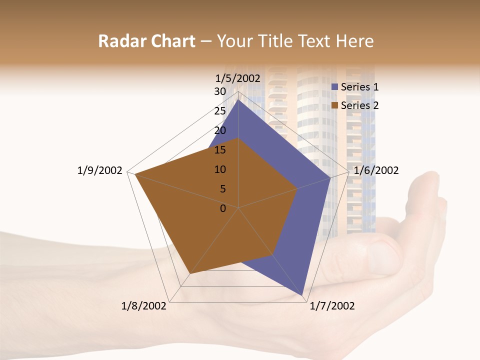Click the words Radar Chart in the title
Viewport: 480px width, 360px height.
coord(146,41)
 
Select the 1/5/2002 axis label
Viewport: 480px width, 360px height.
coord(238,78)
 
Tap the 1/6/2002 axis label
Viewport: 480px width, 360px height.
coord(376,170)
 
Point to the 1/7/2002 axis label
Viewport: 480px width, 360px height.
coord(332,306)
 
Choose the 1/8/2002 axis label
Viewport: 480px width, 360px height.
coord(144,306)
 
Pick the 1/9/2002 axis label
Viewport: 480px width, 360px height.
coord(99,170)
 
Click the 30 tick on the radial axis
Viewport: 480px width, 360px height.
coord(220,91)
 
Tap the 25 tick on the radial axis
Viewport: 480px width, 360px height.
coord(220,111)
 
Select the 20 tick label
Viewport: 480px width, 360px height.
coord(220,130)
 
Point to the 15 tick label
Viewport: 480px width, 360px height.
coord(220,150)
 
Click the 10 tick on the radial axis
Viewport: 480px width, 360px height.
coord(220,169)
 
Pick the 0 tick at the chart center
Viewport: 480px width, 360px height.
coord(223,208)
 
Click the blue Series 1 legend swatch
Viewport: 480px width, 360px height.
coord(335,87)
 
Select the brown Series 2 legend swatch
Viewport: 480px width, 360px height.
coord(335,105)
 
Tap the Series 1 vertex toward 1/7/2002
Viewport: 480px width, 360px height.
coord(302,295)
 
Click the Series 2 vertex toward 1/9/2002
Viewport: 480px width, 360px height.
coord(135,174)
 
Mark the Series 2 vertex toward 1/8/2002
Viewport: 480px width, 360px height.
coord(190,274)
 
